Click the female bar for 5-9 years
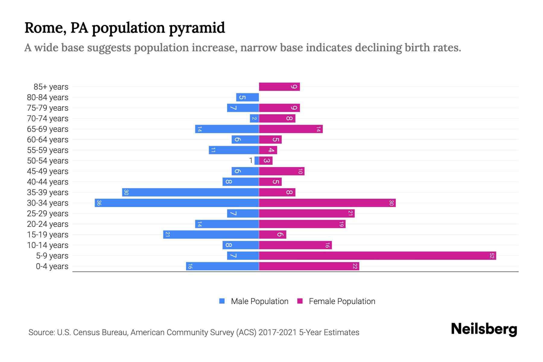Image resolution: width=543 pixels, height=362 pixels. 377,256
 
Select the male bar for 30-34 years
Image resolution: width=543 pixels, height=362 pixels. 177,203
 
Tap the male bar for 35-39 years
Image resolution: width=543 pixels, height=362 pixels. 190,192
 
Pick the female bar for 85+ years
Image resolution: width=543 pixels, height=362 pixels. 279,87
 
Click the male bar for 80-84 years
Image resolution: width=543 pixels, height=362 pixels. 247,97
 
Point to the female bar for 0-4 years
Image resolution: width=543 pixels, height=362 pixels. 309,266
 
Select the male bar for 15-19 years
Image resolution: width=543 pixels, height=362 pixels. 211,235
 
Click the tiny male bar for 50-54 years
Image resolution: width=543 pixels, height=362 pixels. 257,161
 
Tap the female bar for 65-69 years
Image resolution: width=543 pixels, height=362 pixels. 291,129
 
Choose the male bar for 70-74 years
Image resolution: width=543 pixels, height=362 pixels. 254,119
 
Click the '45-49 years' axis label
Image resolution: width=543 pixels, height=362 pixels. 48,171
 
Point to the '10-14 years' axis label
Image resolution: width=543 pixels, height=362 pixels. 48,245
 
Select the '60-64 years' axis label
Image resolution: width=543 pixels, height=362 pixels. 48,140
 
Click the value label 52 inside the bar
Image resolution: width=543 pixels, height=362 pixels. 492,256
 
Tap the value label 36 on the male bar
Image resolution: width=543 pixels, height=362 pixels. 99,203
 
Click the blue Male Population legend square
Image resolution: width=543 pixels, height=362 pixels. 222,301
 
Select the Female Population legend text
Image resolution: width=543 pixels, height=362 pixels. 342,301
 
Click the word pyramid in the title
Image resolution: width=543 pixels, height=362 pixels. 197,28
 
